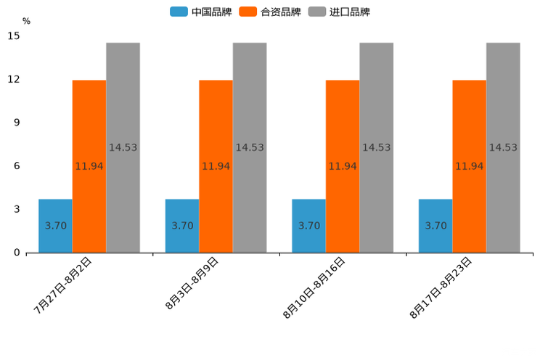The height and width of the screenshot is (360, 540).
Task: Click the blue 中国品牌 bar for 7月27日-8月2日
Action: [55, 226]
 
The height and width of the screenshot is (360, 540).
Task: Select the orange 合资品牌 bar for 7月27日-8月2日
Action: [89, 166]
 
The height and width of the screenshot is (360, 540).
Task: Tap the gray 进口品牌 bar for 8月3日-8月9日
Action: [250, 147]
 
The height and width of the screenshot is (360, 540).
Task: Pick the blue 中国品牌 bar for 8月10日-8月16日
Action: [308, 226]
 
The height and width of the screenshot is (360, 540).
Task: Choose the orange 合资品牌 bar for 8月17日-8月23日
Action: [469, 166]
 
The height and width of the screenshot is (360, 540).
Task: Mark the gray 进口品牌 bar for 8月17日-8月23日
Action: [503, 147]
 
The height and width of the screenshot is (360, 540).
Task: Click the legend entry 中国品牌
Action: [201, 12]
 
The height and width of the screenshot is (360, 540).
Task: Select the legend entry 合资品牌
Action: [271, 12]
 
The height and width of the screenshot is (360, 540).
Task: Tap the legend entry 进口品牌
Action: [340, 12]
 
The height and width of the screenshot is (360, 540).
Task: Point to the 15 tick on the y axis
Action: [14, 36]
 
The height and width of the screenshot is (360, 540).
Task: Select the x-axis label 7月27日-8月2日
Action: [63, 285]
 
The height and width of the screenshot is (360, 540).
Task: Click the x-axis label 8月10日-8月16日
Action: [314, 287]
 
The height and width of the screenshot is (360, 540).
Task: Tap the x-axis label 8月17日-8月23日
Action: [441, 287]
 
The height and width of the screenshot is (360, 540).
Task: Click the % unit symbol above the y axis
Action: [26, 21]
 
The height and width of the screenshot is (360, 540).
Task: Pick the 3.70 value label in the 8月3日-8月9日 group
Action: [182, 226]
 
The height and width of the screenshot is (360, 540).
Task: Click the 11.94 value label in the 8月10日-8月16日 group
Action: [343, 166]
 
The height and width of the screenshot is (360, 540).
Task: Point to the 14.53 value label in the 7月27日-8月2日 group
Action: [123, 147]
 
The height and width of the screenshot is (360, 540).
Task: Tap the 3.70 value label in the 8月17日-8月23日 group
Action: [435, 226]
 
